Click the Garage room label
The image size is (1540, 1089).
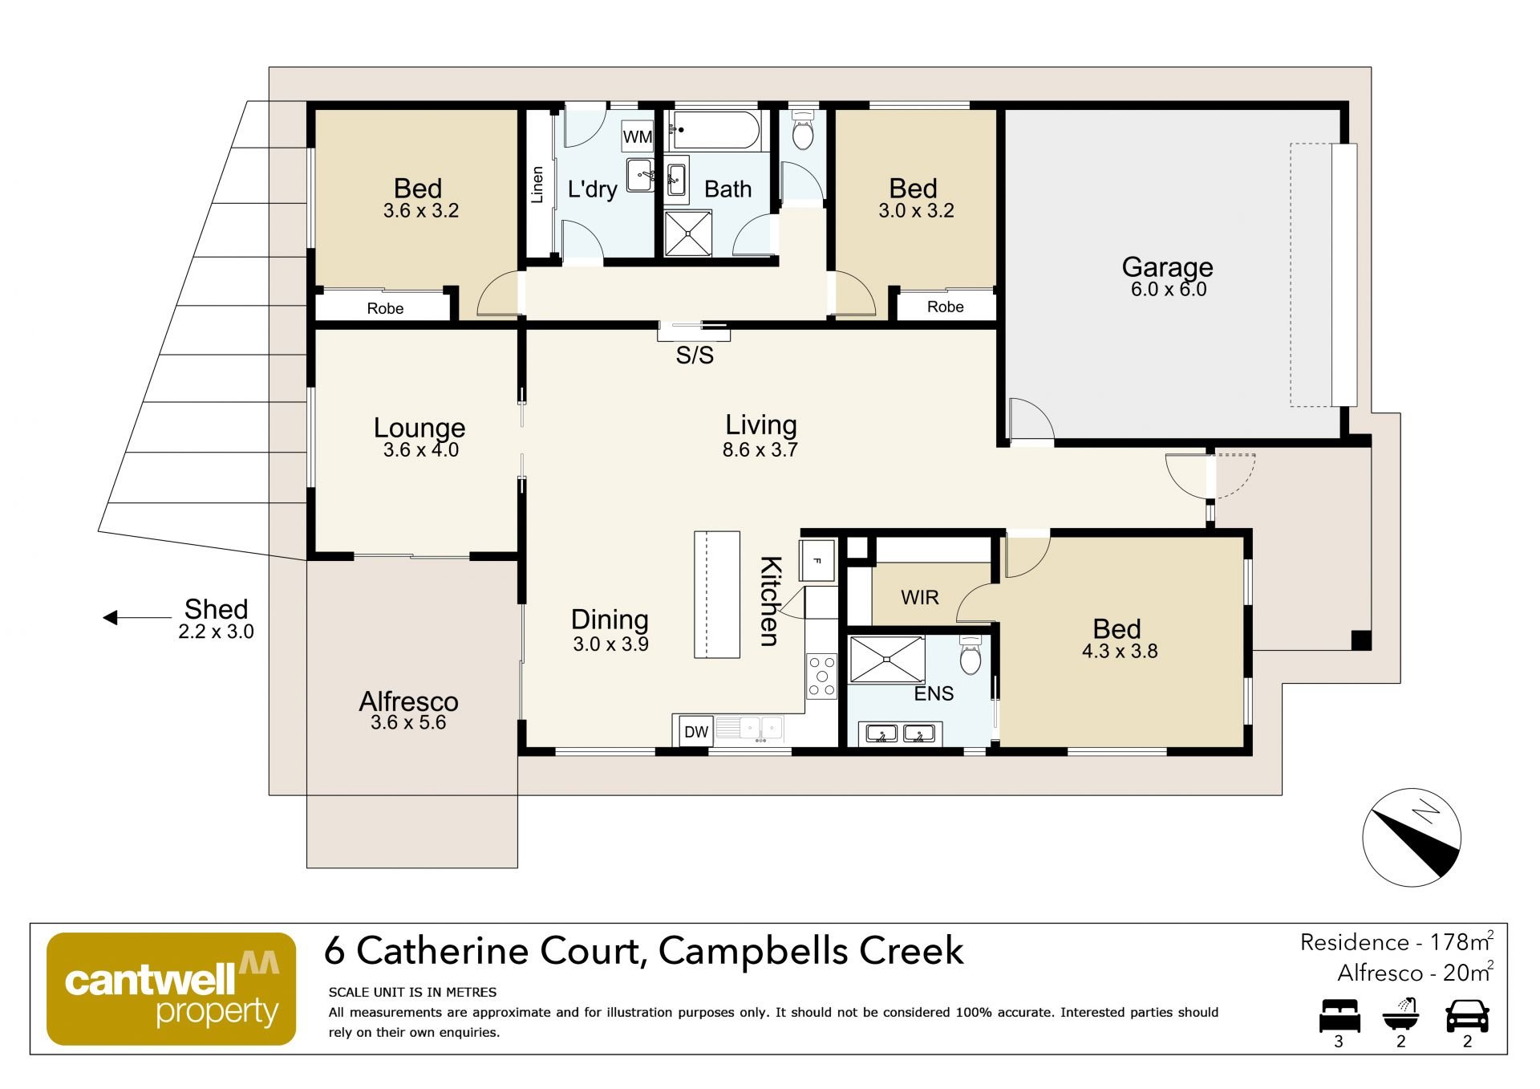pyautogui.click(x=1167, y=266)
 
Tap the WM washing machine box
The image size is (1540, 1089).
pyautogui.click(x=638, y=136)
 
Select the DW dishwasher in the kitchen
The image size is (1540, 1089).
pyautogui.click(x=696, y=731)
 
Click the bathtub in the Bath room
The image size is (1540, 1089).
pyautogui.click(x=715, y=130)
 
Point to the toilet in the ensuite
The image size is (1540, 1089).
pyautogui.click(x=971, y=655)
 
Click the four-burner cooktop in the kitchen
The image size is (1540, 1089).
pyautogui.click(x=822, y=676)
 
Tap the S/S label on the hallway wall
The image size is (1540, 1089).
pyautogui.click(x=695, y=355)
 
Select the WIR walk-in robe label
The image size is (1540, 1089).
pyautogui.click(x=919, y=597)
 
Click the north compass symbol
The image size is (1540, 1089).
pyautogui.click(x=1412, y=837)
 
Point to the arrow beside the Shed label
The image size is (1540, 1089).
pyautogui.click(x=137, y=618)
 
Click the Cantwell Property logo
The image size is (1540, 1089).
pyautogui.click(x=172, y=988)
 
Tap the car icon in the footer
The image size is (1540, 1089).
pyautogui.click(x=1467, y=1015)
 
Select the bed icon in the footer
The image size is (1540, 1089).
pyautogui.click(x=1339, y=1015)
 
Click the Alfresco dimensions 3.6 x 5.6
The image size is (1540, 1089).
pyautogui.click(x=408, y=722)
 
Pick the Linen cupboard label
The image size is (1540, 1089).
pyautogui.click(x=537, y=185)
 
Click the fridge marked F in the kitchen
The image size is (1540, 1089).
pyautogui.click(x=817, y=560)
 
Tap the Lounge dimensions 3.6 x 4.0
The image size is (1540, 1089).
pyautogui.click(x=421, y=449)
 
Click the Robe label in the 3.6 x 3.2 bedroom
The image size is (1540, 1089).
pyautogui.click(x=385, y=308)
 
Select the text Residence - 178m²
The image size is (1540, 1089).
pyautogui.click(x=1396, y=941)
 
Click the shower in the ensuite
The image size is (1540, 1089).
pyautogui.click(x=887, y=660)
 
